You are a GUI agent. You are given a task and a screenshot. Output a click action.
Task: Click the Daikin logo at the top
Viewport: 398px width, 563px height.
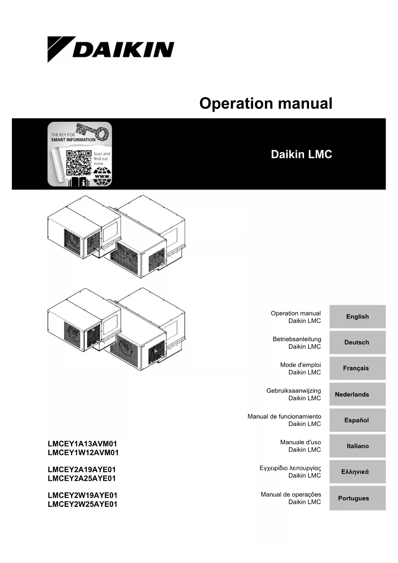[111, 49]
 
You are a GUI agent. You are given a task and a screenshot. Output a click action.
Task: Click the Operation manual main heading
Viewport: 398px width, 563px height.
[266, 103]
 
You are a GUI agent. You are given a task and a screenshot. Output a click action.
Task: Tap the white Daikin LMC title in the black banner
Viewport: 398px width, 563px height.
[301, 154]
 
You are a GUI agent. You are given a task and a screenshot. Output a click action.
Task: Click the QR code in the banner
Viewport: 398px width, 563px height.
[79, 163]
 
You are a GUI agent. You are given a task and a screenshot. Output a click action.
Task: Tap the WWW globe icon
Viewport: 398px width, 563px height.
[102, 177]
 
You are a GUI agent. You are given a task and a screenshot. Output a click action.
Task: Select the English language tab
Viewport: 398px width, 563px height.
[357, 316]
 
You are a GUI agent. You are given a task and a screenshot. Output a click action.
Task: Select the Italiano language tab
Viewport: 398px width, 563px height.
[357, 446]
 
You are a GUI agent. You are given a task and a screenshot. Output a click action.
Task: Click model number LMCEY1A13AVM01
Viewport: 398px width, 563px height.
[82, 444]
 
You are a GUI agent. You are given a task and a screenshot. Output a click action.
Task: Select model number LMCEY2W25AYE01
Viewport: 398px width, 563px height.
[82, 504]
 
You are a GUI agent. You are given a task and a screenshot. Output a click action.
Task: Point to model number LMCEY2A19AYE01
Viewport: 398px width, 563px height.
[82, 469]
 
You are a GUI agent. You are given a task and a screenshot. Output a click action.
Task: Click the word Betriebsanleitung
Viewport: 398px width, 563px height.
[297, 339]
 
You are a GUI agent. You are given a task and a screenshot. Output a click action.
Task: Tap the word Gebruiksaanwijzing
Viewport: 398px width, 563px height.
[293, 391]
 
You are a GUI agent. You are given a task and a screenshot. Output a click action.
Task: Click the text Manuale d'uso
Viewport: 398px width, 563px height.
[300, 442]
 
